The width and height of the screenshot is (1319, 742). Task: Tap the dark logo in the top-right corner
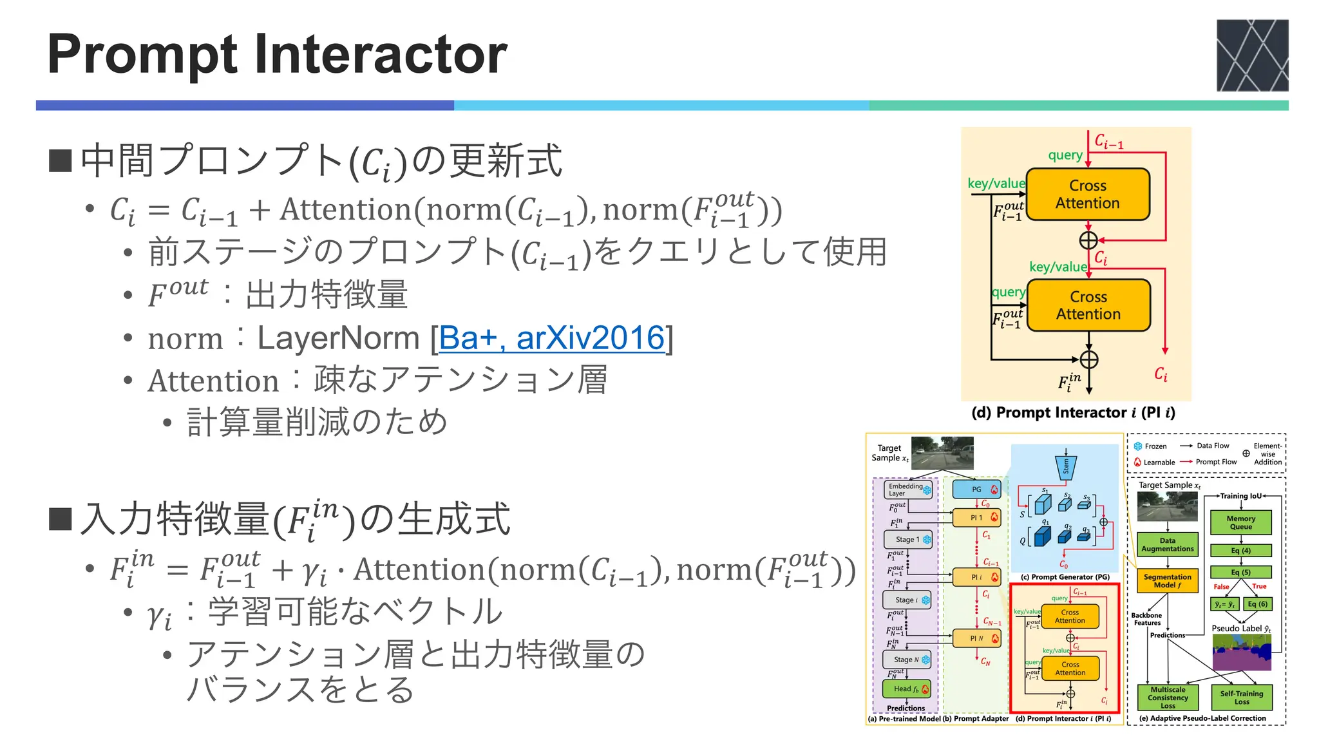1252,55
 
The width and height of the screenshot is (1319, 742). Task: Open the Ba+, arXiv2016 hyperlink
551,338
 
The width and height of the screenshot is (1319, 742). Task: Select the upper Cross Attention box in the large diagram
1088,194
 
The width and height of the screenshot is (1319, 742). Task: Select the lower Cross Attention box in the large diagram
1088,305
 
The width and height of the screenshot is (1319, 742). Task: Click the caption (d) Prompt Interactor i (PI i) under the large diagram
1073,413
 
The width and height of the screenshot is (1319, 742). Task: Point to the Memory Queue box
1240,522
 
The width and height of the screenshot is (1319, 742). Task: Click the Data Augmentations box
1167,545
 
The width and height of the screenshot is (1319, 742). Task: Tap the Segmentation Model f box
1167,581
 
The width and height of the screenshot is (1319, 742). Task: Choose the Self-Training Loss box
1241,698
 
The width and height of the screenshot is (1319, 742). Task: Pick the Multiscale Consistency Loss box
1167,698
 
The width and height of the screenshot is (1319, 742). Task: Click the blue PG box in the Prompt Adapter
977,490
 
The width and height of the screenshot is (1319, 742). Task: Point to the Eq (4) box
1240,551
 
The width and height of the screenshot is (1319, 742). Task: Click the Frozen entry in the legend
1150,446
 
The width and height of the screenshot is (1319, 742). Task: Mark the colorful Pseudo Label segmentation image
1241,652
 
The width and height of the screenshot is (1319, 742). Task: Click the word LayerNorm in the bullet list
339,338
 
